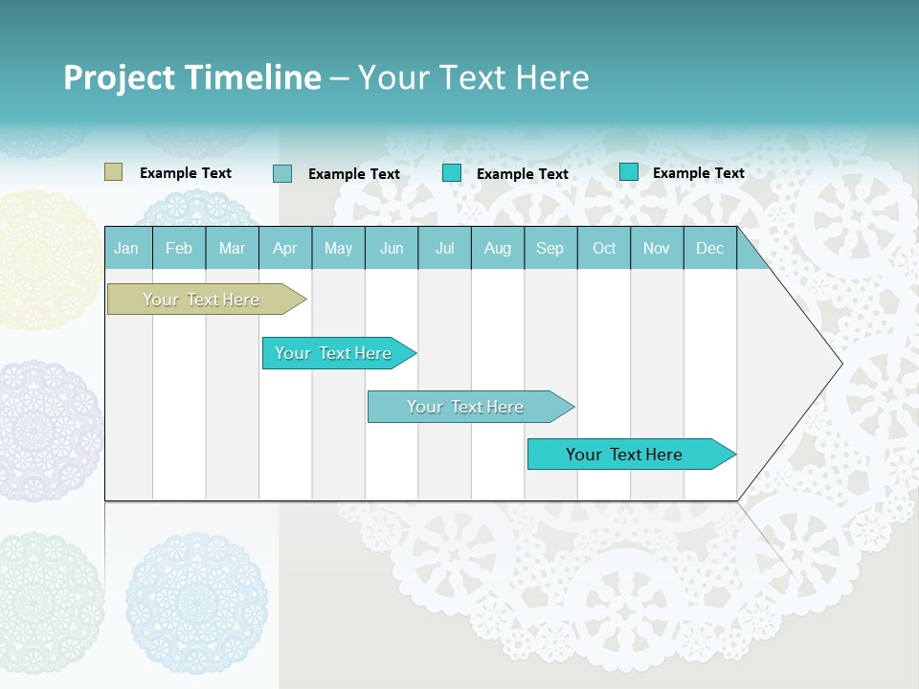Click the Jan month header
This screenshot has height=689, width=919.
tap(126, 249)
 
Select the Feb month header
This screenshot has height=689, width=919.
tap(179, 249)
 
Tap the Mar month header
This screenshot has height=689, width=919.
tap(232, 249)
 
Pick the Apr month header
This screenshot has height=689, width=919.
tap(285, 249)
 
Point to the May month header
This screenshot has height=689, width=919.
tap(338, 249)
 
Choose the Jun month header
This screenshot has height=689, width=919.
tap(392, 249)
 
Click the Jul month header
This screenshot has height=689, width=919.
tap(444, 249)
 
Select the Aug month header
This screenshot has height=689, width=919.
tap(498, 249)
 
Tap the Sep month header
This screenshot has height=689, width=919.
tap(550, 249)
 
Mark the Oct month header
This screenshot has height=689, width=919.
tap(604, 249)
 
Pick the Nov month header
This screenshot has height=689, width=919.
tap(657, 249)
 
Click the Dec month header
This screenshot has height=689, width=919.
tap(710, 249)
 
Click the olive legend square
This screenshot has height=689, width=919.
tap(113, 172)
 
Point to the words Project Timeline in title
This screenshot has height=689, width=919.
tap(192, 78)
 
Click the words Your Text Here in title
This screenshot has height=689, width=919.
tap(473, 78)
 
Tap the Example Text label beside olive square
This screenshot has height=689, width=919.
tap(186, 173)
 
